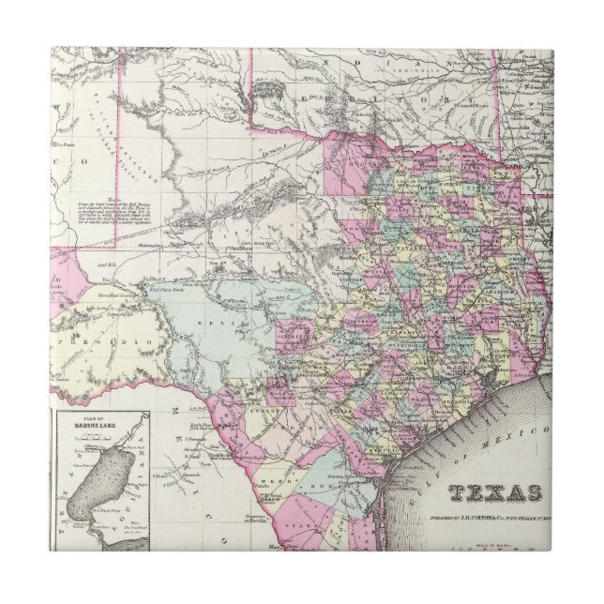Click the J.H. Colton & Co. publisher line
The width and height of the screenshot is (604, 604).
tap(506, 515)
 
